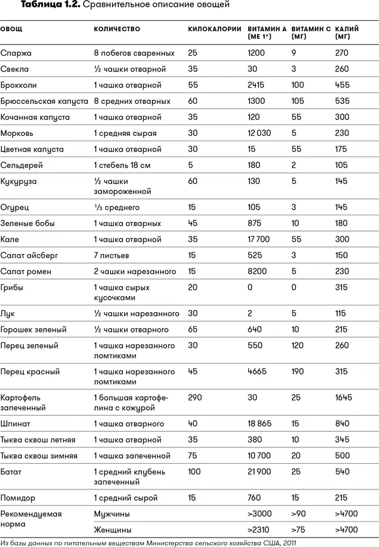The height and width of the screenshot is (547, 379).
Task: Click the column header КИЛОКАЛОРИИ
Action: coord(214,29)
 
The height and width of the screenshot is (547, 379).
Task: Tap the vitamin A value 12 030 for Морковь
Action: coord(260,133)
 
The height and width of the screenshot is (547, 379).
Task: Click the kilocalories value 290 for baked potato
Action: coord(195,397)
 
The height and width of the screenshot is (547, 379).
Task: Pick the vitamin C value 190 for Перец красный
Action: coord(298,371)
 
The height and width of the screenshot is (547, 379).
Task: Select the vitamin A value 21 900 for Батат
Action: coord(260,471)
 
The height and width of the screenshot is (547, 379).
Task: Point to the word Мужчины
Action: coord(112,513)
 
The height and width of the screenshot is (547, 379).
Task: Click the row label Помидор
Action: coord(18,498)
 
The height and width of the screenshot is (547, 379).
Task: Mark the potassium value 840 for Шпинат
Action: coord(343,424)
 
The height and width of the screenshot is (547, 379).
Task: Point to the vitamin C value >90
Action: coord(300,513)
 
